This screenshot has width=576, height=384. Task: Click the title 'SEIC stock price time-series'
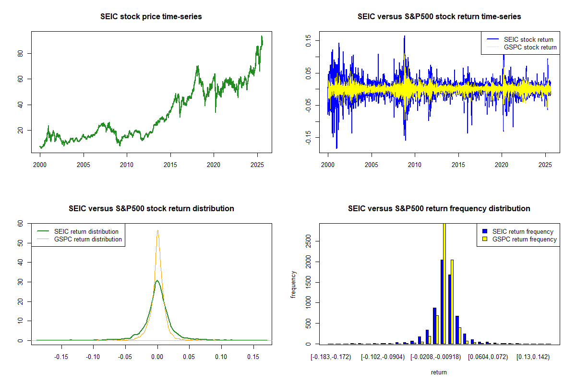(x=151, y=17)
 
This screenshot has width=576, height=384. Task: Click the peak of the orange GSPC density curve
(x=157, y=230)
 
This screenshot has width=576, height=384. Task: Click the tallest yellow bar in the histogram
(x=444, y=283)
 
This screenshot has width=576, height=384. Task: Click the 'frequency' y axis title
(x=294, y=284)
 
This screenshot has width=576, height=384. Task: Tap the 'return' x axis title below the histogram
(x=439, y=372)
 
